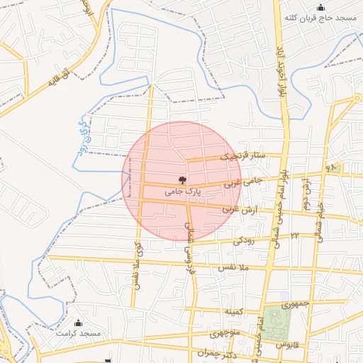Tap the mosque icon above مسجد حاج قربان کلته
tap(320, 7)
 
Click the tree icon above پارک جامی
tap(183, 180)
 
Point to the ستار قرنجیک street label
tap(242, 157)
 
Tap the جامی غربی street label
tap(242, 182)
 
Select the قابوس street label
tap(289, 344)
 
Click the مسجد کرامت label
tap(80, 333)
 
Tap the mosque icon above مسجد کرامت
tap(79, 323)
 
